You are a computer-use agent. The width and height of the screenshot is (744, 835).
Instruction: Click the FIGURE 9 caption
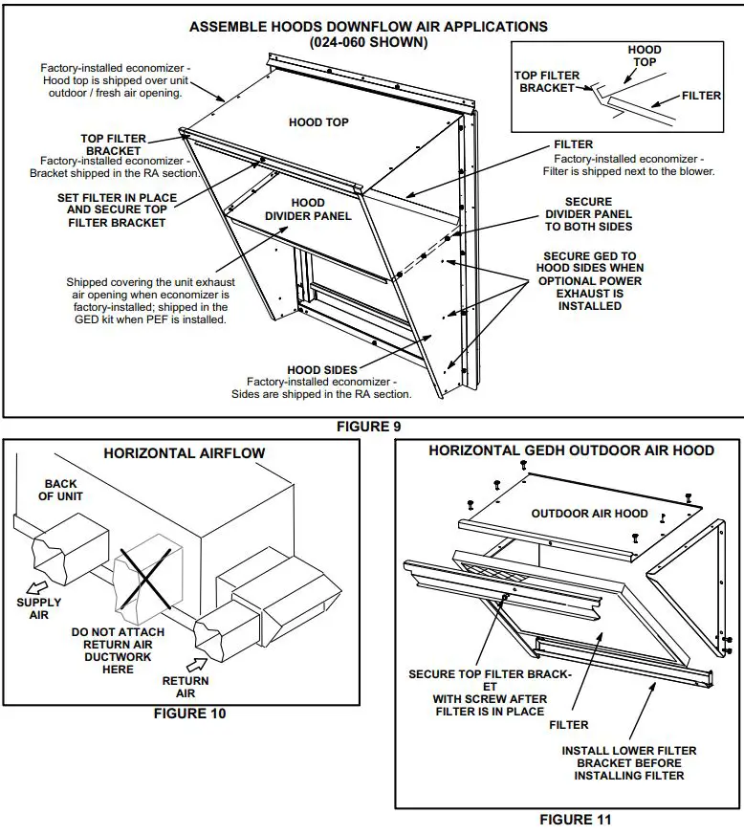(369, 427)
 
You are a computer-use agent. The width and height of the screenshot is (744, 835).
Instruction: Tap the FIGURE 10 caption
(190, 713)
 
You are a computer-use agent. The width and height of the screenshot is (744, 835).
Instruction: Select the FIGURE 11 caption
(575, 820)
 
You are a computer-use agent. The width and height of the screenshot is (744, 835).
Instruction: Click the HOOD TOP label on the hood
(318, 122)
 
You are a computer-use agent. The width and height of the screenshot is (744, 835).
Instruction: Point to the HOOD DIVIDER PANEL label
(308, 209)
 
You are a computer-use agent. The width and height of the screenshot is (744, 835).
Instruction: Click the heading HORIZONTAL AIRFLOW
(185, 453)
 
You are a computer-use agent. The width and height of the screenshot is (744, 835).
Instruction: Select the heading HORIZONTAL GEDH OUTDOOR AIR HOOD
(571, 450)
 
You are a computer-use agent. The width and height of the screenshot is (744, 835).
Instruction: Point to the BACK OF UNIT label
(60, 490)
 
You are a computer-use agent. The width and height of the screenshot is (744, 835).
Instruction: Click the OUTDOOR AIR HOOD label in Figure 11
(589, 514)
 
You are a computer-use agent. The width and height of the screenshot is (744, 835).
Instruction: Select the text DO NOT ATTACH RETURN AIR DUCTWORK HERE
(118, 650)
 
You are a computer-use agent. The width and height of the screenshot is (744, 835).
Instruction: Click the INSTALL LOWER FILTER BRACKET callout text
(628, 762)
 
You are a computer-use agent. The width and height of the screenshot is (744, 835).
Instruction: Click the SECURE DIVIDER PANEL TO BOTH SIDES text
(588, 214)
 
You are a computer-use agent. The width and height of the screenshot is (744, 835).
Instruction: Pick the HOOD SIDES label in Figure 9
(322, 369)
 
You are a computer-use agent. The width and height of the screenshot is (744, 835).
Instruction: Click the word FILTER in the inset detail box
(701, 97)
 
